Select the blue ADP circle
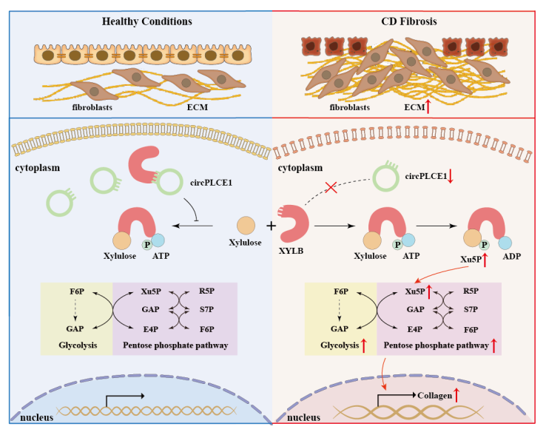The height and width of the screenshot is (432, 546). (505, 242)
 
